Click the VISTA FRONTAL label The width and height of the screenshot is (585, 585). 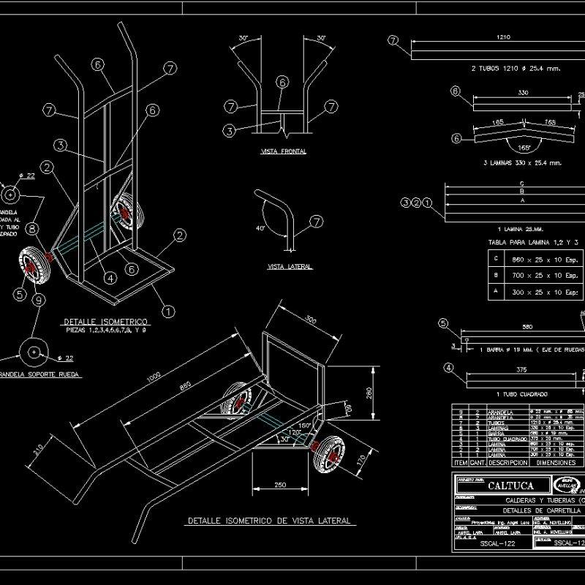[283, 151]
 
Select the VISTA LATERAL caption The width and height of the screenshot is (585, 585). [290, 267]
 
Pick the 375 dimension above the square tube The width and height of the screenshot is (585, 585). [521, 370]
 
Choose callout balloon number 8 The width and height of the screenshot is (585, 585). [34, 229]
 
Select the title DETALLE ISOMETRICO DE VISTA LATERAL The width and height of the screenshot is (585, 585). [270, 521]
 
